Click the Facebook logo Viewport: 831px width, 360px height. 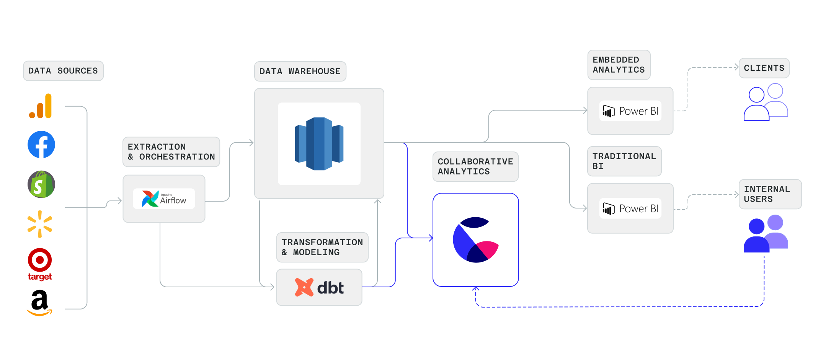[41, 145]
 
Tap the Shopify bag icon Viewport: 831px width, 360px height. [41, 184]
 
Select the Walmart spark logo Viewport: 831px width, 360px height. [40, 224]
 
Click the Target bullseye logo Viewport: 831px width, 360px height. [40, 264]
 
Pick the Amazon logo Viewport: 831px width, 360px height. [40, 303]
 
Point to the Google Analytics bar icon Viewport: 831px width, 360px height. [41, 106]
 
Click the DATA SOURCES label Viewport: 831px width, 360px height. [63, 71]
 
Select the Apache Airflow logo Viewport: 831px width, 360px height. [164, 199]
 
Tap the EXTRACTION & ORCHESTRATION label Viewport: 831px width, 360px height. [171, 152]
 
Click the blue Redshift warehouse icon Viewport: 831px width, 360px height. [319, 144]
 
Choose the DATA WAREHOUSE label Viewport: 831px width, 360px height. [300, 72]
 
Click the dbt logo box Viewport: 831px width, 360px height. [319, 287]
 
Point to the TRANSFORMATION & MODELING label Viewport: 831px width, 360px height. [322, 248]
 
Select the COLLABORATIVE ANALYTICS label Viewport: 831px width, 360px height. [475, 167]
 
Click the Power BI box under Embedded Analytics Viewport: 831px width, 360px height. [630, 111]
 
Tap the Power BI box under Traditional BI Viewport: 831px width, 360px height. [630, 209]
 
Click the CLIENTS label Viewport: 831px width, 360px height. [764, 68]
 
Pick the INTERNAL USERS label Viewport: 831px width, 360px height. [770, 194]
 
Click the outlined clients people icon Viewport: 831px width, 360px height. [766, 102]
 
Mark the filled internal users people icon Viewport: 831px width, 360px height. [766, 234]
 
